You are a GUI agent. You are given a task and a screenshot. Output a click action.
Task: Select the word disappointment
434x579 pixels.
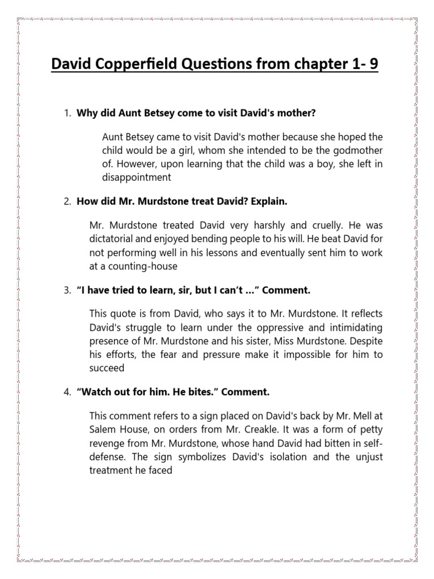[x=137, y=178]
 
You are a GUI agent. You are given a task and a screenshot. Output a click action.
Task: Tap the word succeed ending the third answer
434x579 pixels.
[x=107, y=368]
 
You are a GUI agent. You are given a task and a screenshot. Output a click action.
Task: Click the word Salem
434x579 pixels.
[x=102, y=429]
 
